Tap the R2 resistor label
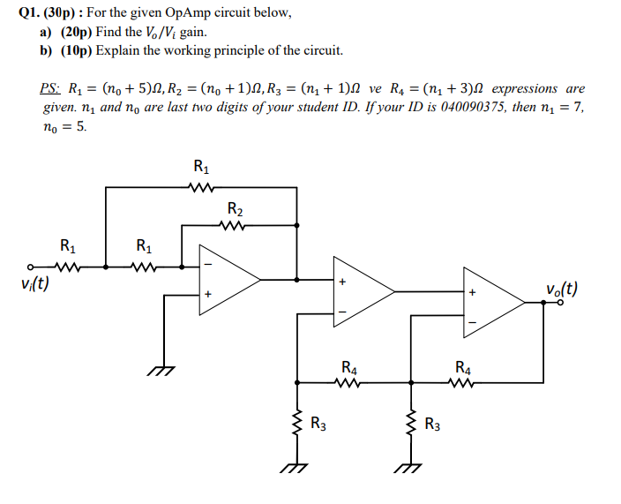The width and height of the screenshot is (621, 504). [236, 209]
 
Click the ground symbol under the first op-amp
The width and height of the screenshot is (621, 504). [161, 372]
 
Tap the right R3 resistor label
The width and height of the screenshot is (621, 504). [432, 423]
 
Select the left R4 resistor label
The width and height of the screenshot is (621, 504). [348, 366]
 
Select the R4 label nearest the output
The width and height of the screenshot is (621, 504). [463, 366]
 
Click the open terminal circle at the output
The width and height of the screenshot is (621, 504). [559, 302]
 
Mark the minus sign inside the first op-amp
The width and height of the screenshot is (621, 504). [209, 263]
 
